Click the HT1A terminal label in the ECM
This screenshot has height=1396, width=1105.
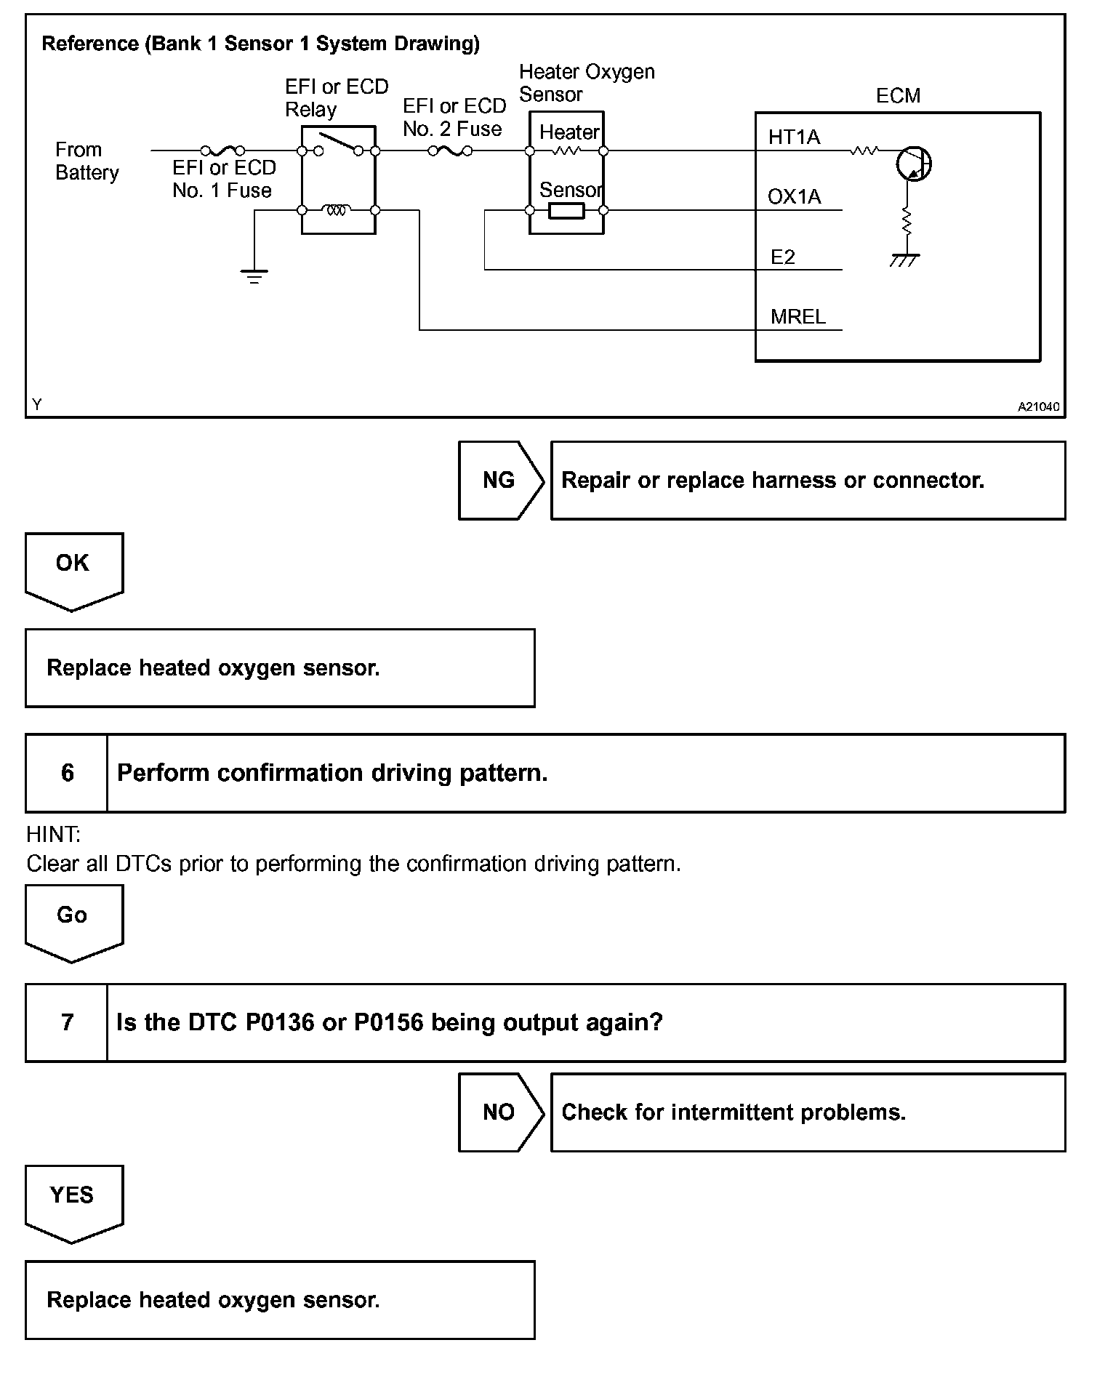pos(794,137)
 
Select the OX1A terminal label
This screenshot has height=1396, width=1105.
pos(794,197)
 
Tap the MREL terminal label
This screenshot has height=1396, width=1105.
pos(797,317)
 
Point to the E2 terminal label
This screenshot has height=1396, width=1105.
pos(782,257)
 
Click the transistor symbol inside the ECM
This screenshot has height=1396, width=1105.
pos(913,164)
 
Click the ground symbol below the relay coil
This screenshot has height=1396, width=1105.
pos(254,276)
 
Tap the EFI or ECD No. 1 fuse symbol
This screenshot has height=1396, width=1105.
pos(222,151)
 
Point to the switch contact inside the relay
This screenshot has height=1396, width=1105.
pos(338,144)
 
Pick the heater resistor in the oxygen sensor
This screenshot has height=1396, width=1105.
pos(566,151)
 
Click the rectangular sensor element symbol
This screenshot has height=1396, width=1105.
pos(566,211)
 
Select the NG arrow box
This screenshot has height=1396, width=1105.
pos(500,480)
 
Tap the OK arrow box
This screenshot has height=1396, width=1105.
pos(73,567)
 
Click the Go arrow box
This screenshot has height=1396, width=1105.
pos(73,919)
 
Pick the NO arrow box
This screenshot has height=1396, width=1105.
pos(500,1112)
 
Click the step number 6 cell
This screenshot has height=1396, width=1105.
pos(67,773)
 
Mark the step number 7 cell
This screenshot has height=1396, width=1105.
pos(67,1023)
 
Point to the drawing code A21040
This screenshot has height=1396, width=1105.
pos(1037,407)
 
